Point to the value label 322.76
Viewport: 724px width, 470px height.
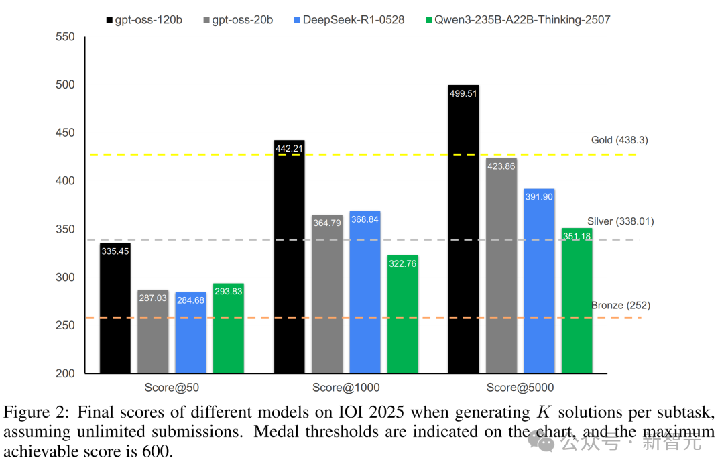402,263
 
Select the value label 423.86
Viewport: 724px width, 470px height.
501,166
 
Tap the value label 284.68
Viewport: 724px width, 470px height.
190,300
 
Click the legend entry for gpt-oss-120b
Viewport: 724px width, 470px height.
145,20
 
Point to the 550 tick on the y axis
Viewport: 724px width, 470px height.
65,37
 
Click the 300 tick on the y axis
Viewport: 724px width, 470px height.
65,278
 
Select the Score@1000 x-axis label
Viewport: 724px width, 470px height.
346,388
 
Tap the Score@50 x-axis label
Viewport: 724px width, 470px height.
172,388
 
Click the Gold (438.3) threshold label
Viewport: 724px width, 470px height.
619,141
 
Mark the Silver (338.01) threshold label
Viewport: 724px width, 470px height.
620,221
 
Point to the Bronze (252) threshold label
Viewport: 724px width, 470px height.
620,306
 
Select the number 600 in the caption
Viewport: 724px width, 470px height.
161,451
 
